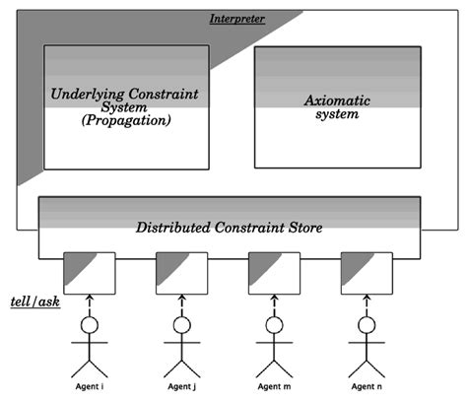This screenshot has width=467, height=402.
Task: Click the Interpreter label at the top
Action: [x=238, y=20]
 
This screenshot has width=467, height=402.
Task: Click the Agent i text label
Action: [x=89, y=388]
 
